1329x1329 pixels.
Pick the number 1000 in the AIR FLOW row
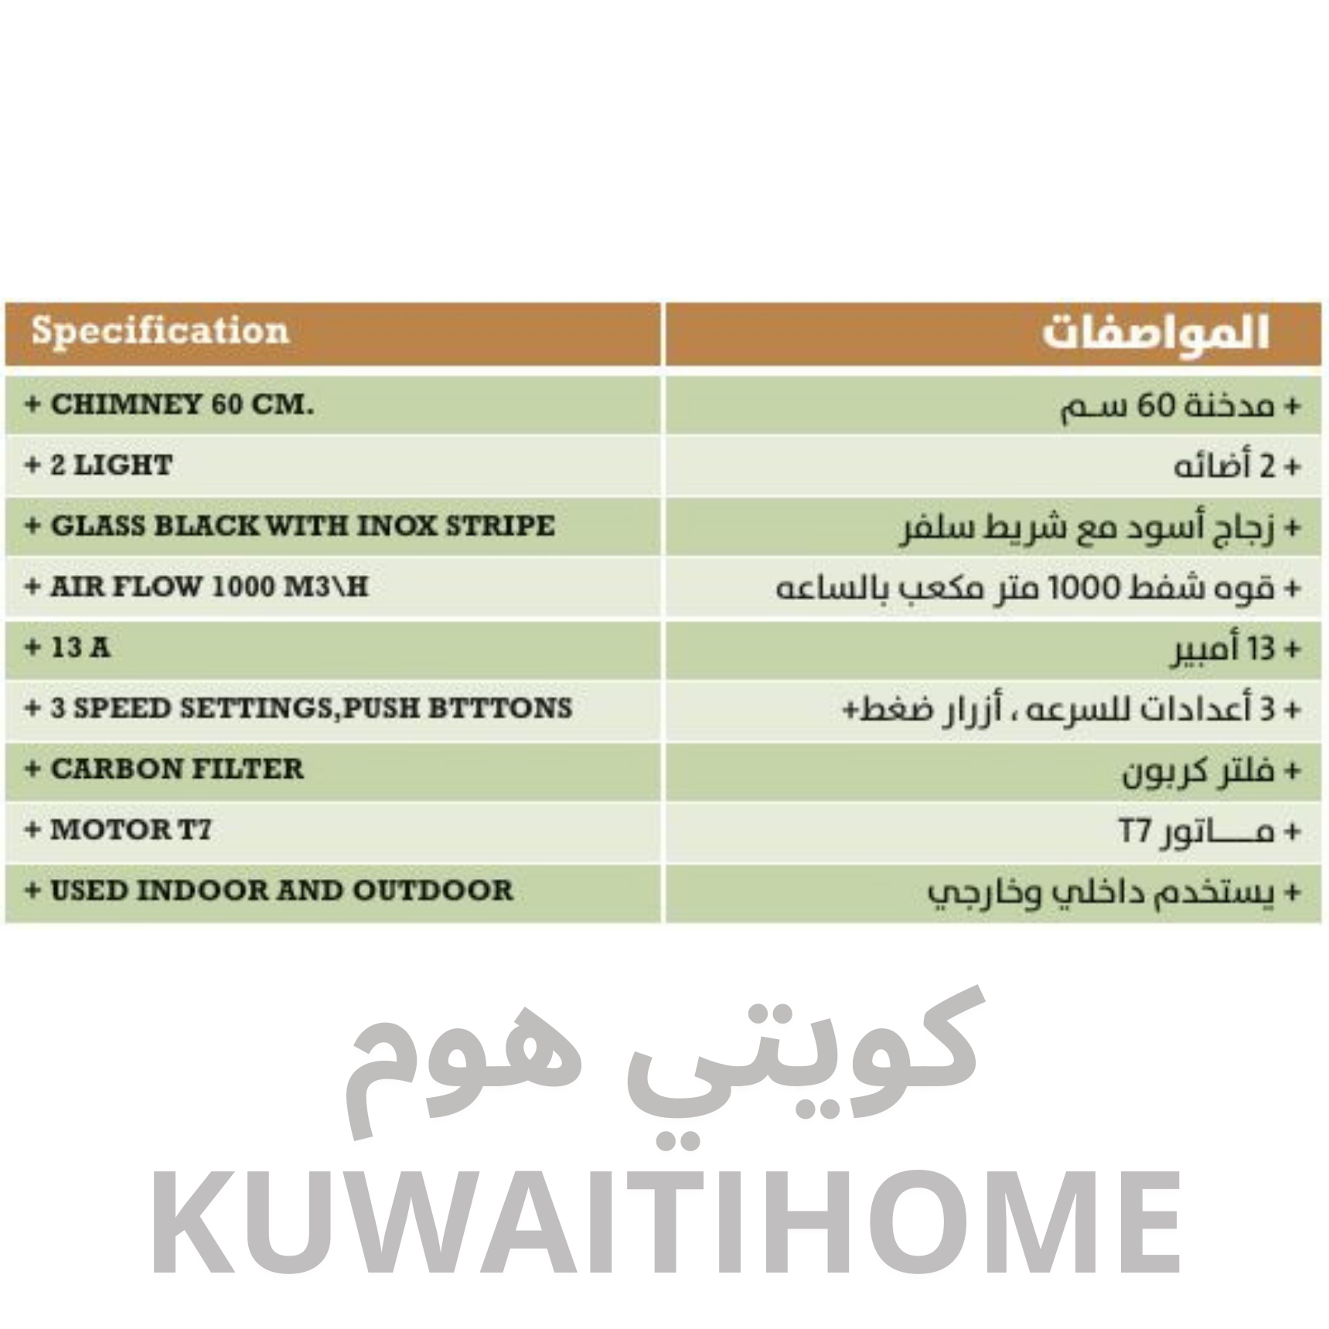click(243, 587)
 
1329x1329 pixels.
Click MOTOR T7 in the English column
click(131, 830)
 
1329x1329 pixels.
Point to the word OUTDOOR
click(433, 891)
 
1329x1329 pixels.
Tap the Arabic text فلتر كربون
click(1198, 771)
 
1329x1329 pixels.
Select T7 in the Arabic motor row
click(1134, 832)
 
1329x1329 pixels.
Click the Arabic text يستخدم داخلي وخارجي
click(1101, 893)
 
